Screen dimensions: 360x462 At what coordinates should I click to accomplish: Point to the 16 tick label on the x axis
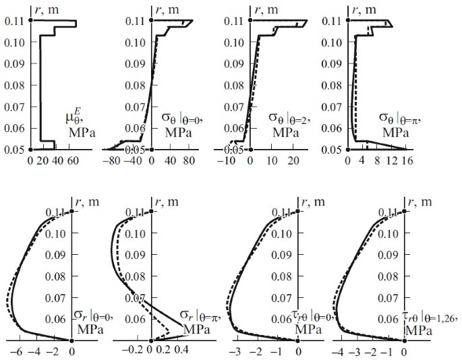pyautogui.click(x=407, y=162)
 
